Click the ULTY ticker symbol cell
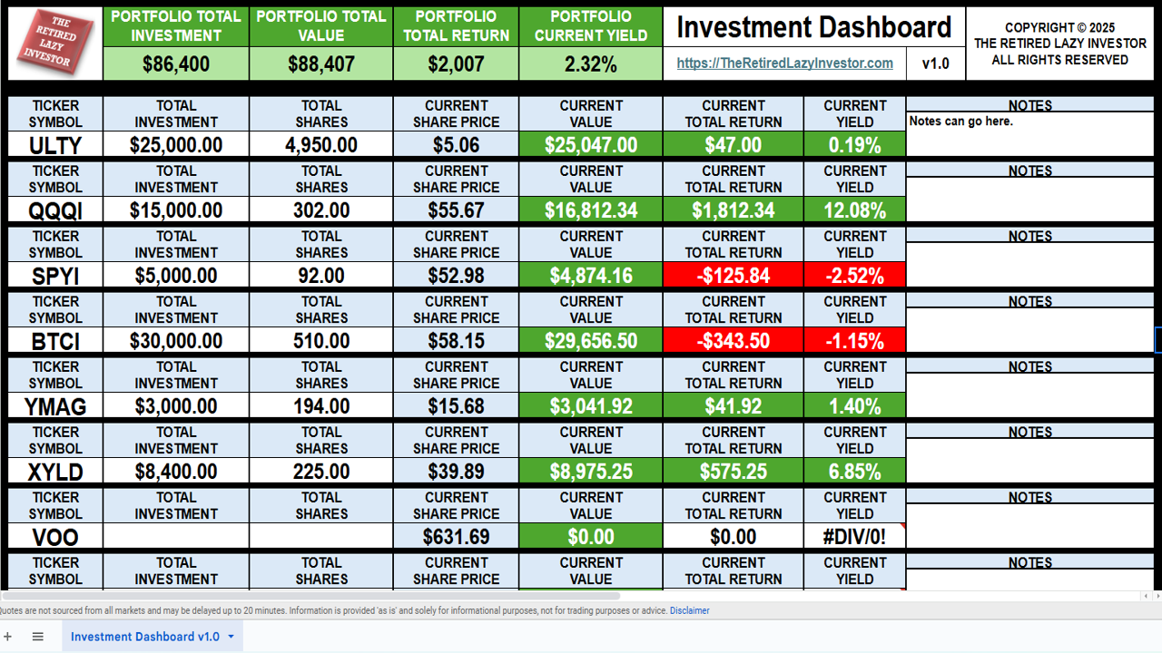55,145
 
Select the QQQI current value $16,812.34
591,210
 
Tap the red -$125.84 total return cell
733,276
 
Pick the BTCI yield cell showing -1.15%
854,341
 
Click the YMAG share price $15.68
456,406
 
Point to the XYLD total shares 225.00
321,472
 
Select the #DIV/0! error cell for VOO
854,537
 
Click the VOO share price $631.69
456,537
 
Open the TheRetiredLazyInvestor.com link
784,63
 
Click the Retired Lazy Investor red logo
54,43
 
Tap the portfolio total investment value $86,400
176,64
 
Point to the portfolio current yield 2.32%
591,64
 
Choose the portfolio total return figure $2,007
456,64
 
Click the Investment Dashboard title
813,27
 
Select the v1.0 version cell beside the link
935,63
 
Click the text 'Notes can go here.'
960,122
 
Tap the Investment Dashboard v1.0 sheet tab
145,637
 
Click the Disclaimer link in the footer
690,610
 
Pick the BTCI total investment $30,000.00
176,341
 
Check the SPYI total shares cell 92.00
321,276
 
